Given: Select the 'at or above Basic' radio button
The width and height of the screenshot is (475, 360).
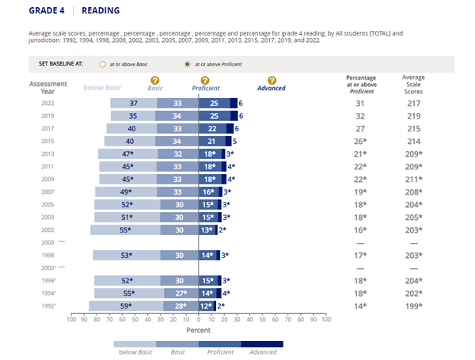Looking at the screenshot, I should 102,63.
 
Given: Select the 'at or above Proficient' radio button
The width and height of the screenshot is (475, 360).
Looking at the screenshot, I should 187,63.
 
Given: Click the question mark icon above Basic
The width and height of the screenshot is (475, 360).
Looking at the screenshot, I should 155,80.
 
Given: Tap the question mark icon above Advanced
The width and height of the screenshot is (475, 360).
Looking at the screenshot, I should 272,80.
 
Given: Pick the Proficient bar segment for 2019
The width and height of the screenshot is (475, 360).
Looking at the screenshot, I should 214,116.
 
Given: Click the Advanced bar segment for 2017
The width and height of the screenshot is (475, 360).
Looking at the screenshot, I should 230,128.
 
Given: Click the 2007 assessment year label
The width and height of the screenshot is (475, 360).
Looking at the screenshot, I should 48,191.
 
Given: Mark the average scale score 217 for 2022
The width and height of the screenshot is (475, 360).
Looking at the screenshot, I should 413,103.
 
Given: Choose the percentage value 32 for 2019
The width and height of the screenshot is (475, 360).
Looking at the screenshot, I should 361,116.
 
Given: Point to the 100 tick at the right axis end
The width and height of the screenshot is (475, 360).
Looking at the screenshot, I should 325,320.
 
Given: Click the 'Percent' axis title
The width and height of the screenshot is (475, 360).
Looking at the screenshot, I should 198,331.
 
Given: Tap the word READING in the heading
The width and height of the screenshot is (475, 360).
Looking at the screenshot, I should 101,10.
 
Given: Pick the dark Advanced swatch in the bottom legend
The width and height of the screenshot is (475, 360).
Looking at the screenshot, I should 261,344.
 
